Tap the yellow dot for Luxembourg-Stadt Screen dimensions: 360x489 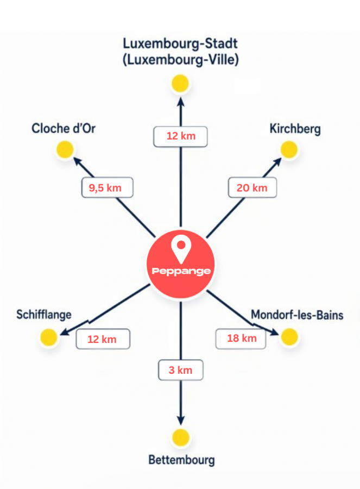180,83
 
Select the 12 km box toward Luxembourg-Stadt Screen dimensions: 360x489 180,136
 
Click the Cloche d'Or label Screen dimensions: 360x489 64,128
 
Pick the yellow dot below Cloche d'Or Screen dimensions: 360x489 65,149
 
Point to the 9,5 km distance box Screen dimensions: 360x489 107,187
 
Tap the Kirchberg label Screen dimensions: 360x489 295,129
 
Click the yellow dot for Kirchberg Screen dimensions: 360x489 289,149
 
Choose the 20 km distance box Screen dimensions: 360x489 252,187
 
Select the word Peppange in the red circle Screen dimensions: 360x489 181,271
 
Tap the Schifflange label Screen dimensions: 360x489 44,315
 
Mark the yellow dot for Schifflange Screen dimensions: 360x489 49,337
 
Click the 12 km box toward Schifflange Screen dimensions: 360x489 103,339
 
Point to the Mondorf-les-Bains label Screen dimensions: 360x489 297,315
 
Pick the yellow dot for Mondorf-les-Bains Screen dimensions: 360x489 289,337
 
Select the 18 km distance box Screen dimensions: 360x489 241,338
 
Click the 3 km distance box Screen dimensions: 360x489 181,370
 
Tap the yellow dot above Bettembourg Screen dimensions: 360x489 181,437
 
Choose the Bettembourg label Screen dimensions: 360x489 181,460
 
